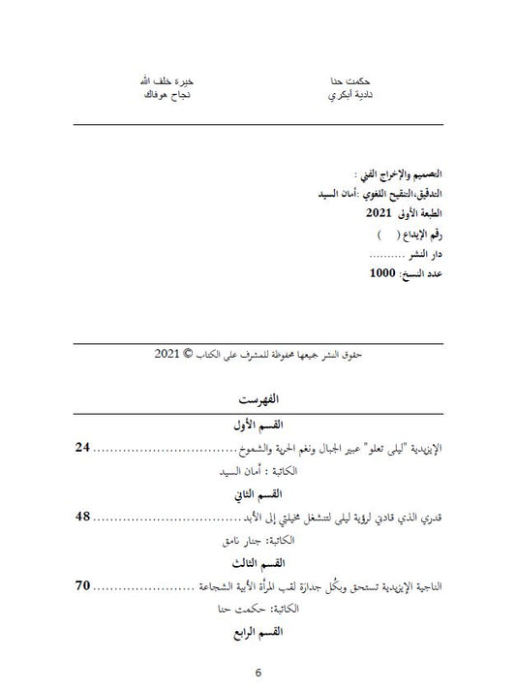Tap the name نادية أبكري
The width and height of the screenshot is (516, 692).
(349, 99)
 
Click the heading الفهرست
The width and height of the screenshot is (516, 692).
(258, 401)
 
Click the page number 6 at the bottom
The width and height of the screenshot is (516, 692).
(258, 675)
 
